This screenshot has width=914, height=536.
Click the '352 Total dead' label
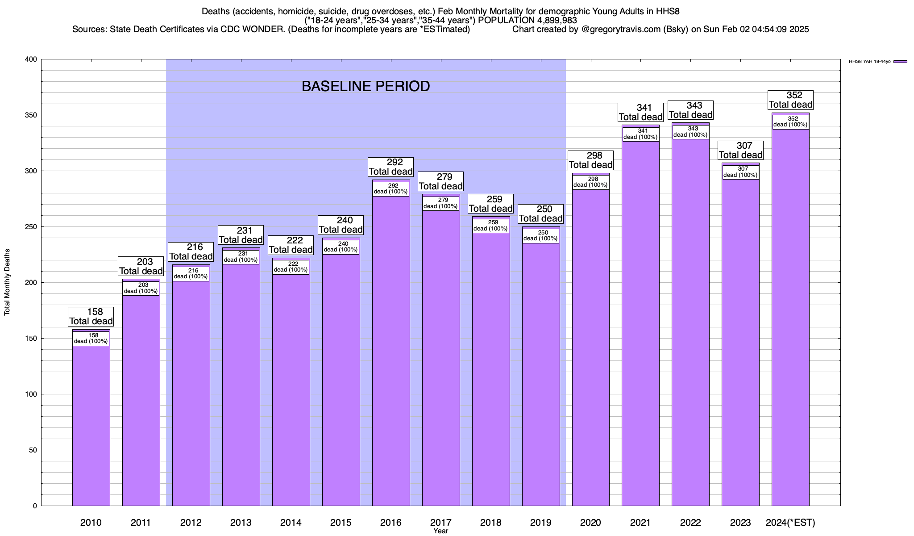[x=790, y=100]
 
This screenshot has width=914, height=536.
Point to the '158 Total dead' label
[x=91, y=317]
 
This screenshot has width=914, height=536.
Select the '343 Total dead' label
[x=690, y=110]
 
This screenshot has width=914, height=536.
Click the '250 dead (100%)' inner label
[x=540, y=236]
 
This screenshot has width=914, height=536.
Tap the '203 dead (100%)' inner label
[x=141, y=288]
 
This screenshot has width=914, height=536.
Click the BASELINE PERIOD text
[x=366, y=86]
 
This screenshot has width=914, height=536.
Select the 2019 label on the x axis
[x=540, y=523]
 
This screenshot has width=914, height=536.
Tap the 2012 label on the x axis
[x=191, y=523]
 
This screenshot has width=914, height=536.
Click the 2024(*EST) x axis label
[x=790, y=523]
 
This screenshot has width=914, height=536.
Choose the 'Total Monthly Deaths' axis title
[x=7, y=282]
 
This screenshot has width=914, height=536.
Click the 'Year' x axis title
[x=440, y=531]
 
